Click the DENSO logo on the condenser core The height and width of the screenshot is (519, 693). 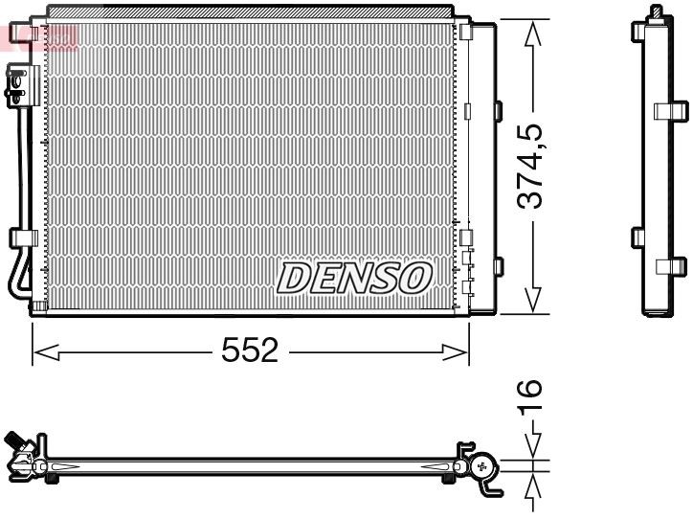pos(353,278)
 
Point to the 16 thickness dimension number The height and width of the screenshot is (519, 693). pos(533,395)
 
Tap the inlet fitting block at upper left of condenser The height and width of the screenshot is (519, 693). pos(17,83)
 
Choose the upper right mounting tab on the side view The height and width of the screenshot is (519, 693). pos(672,111)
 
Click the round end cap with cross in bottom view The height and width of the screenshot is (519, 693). pos(482,466)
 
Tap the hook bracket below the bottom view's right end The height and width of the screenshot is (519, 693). pos(491,486)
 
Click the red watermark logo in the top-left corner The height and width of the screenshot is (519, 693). pos(38,37)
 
